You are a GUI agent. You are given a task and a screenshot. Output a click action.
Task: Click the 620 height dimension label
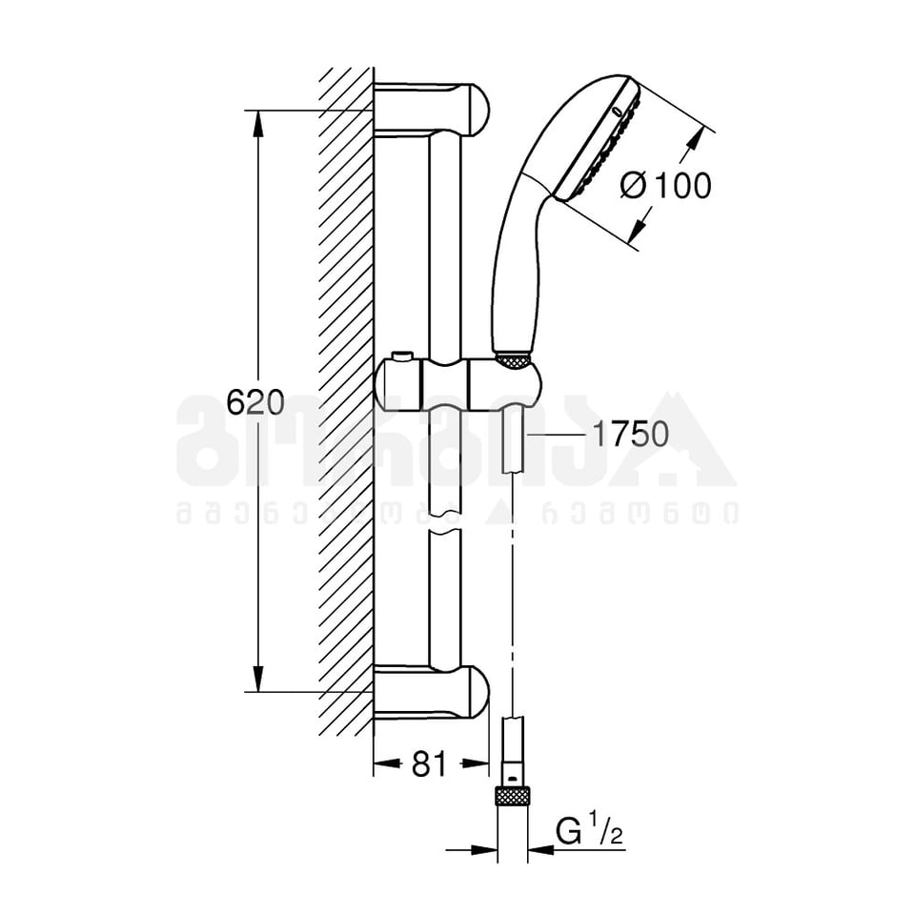[254, 402]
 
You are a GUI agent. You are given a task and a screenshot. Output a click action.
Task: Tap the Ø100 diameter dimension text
[665, 185]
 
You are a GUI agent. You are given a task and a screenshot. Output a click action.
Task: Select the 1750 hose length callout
[630, 435]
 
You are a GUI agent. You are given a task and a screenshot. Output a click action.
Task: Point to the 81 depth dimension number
[429, 763]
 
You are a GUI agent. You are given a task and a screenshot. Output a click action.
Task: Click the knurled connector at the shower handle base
[512, 359]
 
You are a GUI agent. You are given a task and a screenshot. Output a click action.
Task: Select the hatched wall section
[345, 400]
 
